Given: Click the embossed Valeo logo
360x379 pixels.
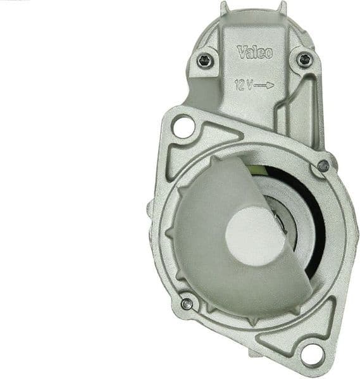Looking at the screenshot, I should pos(254,52).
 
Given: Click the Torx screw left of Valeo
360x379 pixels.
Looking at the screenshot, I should pos(203,61).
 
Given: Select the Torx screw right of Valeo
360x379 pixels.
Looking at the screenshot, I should pos(304,60).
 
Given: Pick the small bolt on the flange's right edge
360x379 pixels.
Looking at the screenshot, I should pos(323,166).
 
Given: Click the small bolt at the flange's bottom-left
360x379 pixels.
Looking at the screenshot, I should pos(187,304).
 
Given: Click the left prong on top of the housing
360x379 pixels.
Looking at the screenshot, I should pos(225,8).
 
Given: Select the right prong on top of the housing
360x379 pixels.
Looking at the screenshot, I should pos(282,8).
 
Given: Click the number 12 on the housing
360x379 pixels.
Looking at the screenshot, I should pos(239,85).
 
